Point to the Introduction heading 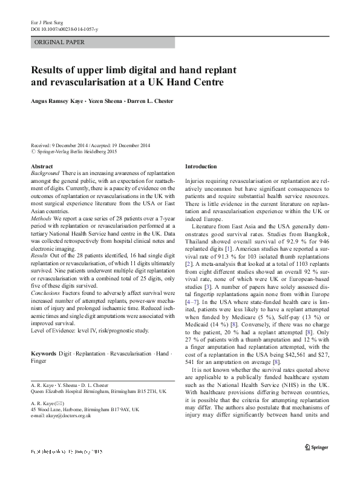(x=201, y=166)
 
